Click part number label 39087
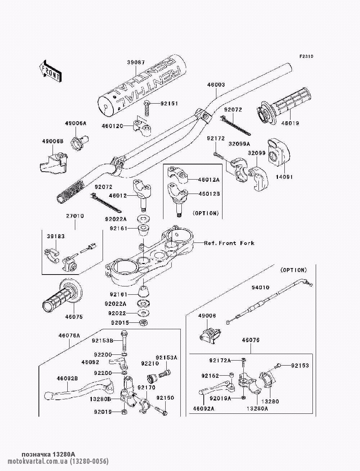(x=136, y=62)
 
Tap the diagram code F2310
(x=306, y=56)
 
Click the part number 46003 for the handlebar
(x=216, y=85)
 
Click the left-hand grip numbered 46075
(x=63, y=296)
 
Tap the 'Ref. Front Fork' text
(x=229, y=243)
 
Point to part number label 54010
(x=260, y=287)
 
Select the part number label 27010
(x=75, y=216)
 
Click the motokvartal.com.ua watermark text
(x=58, y=461)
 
